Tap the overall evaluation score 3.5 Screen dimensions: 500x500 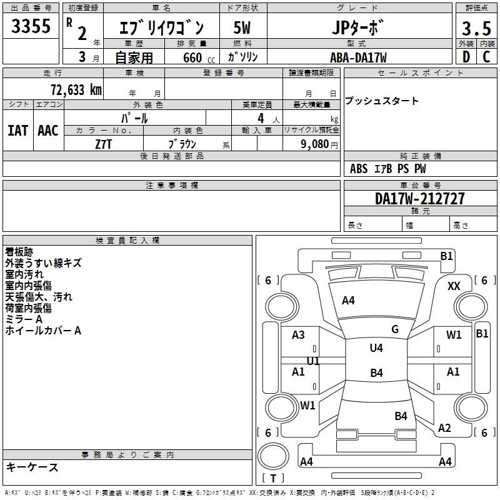click(x=474, y=29)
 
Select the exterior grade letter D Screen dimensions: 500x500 click(x=466, y=56)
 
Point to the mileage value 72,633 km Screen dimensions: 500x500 click(x=76, y=89)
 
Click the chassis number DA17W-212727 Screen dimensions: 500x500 click(x=420, y=199)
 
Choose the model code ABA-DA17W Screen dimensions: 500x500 click(x=358, y=57)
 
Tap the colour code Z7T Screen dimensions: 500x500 click(x=104, y=144)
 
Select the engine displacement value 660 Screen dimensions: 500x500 click(x=192, y=58)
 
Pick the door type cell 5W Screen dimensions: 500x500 click(x=242, y=28)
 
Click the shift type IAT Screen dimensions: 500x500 click(x=17, y=130)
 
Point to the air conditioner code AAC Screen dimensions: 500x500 click(x=48, y=130)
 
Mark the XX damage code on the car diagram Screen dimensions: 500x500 click(x=454, y=286)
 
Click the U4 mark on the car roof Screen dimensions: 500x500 click(x=376, y=348)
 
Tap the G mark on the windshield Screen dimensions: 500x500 click(x=395, y=329)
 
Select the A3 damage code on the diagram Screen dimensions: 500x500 click(x=298, y=335)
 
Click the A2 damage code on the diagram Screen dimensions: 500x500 click(x=444, y=428)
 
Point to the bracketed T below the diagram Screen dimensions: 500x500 click(x=272, y=479)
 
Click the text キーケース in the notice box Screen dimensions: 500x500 click(x=32, y=467)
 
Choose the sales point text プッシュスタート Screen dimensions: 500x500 click(x=381, y=101)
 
